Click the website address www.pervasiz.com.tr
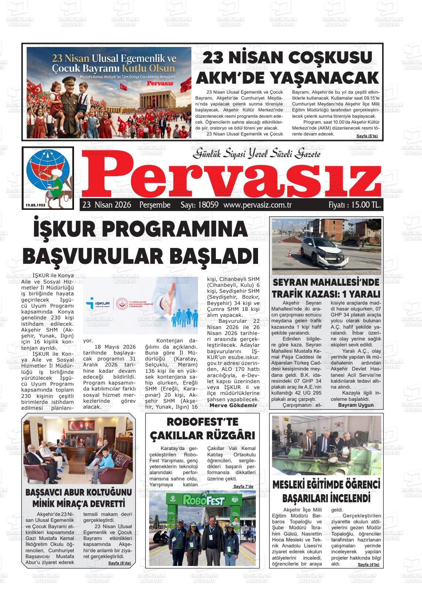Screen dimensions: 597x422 (258, 205)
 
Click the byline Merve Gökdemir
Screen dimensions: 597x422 (233, 405)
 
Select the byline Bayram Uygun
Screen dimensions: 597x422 (356, 405)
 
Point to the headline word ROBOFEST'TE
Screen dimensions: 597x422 (202, 422)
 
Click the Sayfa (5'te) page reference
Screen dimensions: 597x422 (366, 136)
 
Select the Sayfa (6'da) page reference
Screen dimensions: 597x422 (122, 563)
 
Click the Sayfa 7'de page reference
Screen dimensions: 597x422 (243, 486)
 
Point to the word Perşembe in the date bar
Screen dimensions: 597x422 (155, 205)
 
